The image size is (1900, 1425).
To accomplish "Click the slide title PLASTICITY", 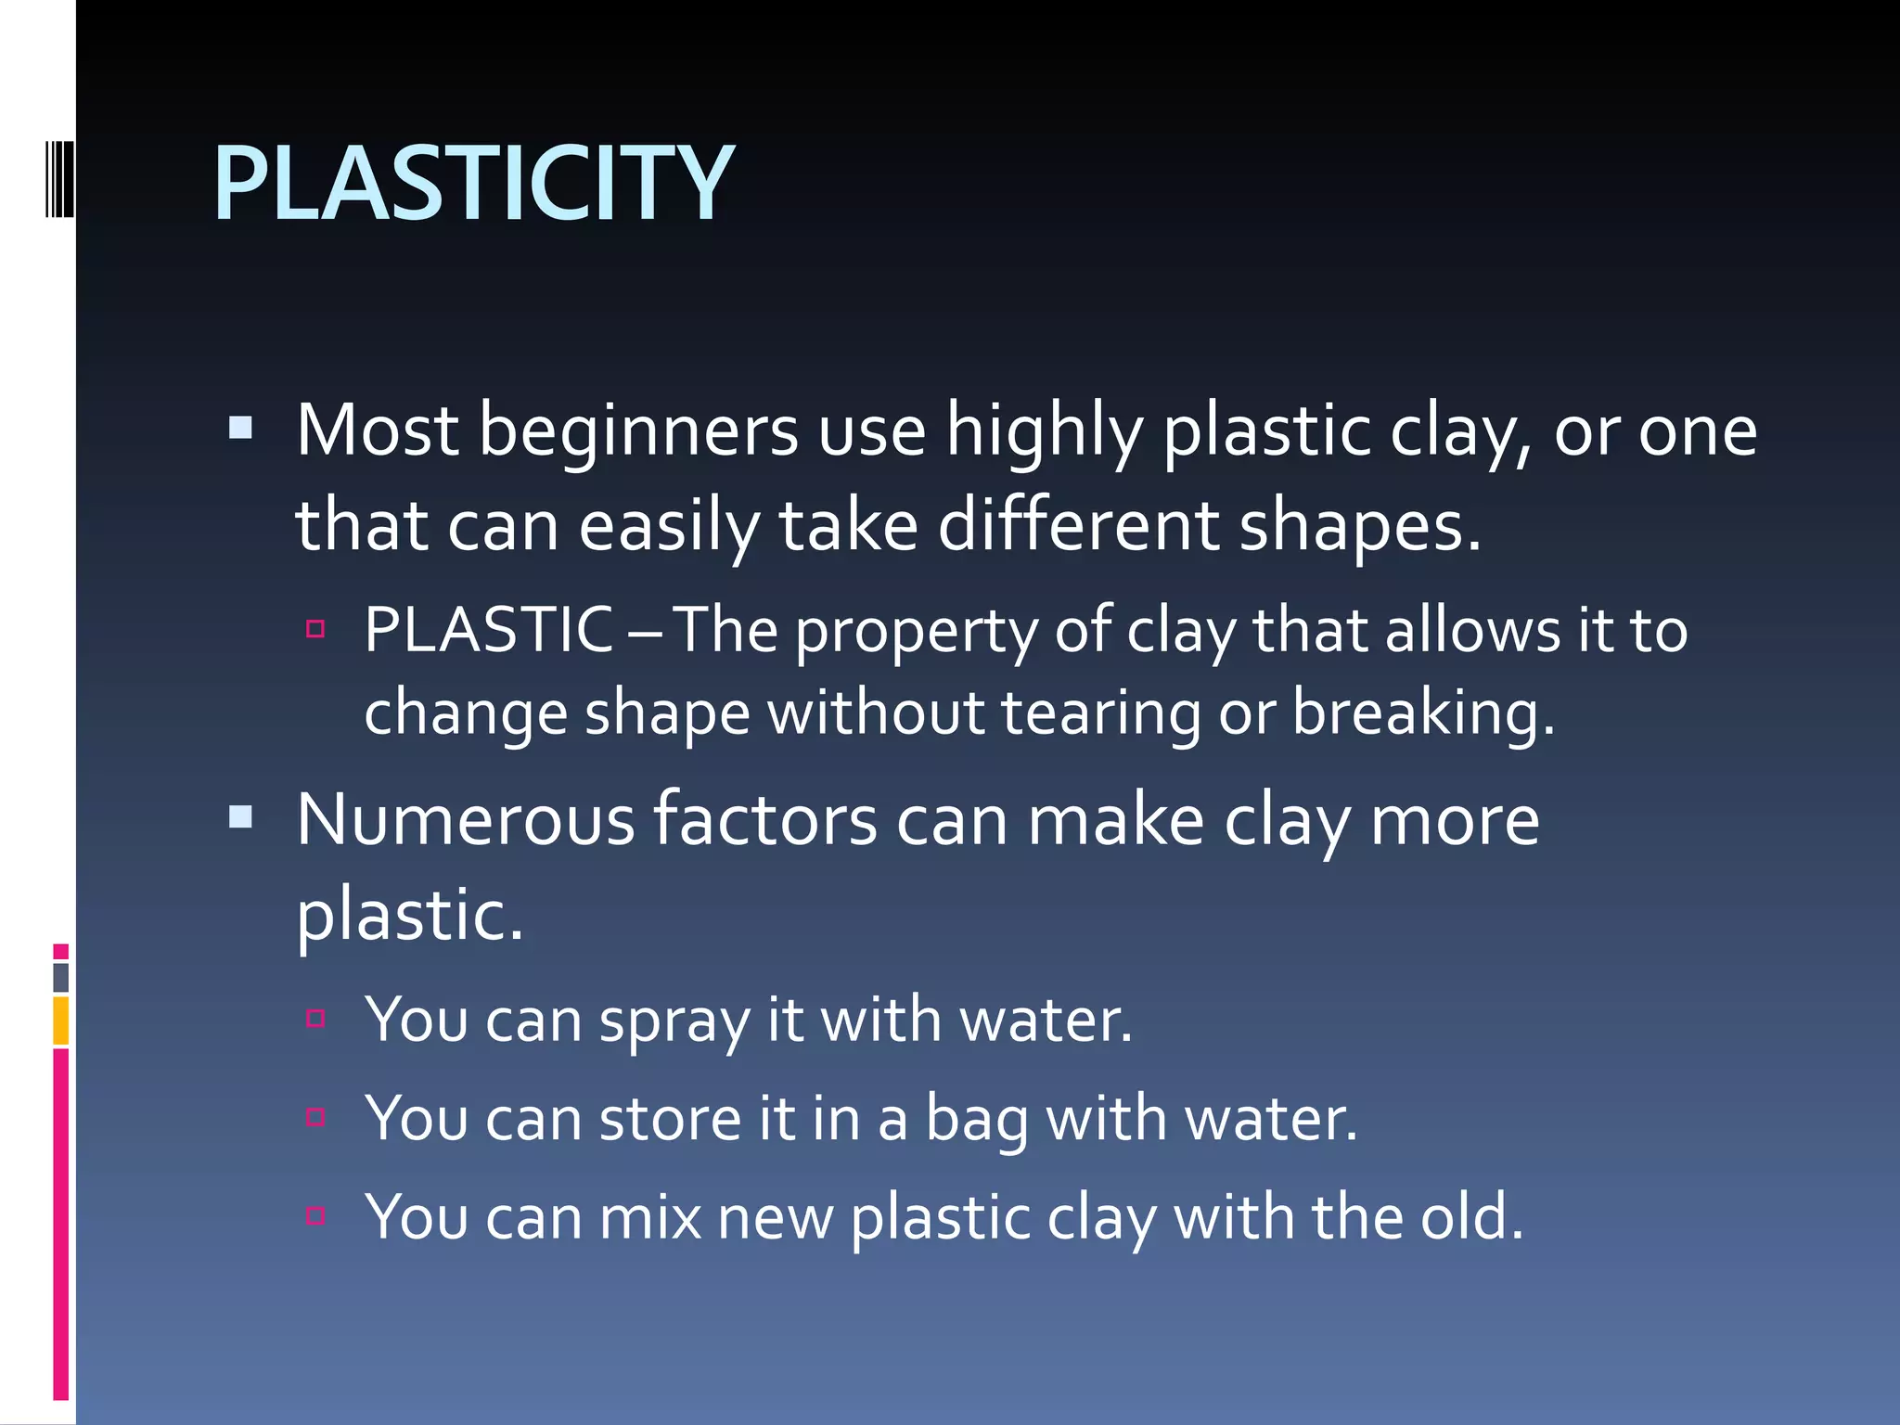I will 473,184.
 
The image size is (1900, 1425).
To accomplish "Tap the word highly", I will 1044,432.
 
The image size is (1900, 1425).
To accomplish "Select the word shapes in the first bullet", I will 1359,526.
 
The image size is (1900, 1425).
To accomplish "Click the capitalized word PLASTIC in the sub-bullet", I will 488,630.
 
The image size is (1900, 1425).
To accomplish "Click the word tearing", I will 1100,713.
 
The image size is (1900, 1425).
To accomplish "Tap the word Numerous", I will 465,820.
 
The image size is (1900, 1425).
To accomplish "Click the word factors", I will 765,820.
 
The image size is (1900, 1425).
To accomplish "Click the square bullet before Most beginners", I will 240,428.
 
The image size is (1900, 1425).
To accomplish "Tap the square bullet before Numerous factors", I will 240,816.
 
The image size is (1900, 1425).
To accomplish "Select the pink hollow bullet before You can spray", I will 315,1019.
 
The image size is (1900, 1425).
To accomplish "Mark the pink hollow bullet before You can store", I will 315,1116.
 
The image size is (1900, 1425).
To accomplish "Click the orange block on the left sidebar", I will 61,1021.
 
